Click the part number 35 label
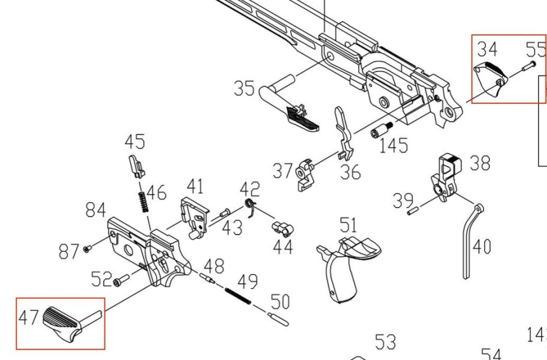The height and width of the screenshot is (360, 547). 244,88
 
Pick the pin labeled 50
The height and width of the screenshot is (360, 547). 278,319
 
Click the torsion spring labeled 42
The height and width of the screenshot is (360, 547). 251,208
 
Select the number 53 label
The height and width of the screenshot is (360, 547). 385,342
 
